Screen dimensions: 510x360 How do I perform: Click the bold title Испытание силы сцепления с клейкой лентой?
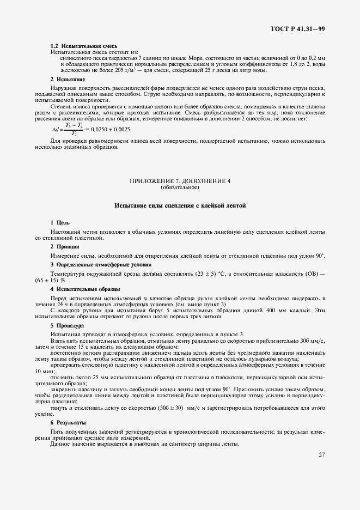[x=180, y=206]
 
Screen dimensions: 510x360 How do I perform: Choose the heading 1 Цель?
[x=60, y=222]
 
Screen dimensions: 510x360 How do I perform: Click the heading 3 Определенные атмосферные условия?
[x=93, y=264]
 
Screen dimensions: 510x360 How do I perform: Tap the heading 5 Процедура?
[x=67, y=325]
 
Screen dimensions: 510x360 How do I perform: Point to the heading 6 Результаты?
[x=68, y=422]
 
